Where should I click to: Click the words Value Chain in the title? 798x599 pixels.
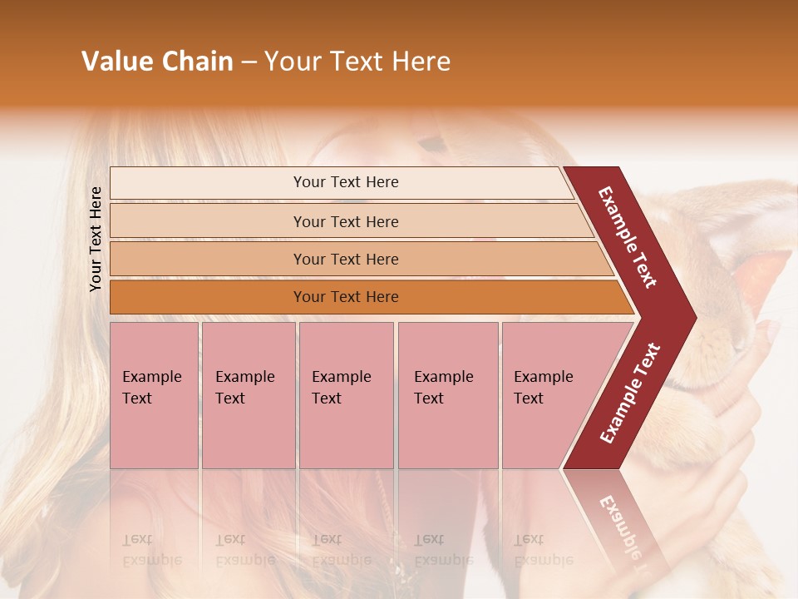157,62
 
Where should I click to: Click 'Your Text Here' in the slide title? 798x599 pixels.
357,62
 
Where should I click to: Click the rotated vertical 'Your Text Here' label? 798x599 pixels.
96,239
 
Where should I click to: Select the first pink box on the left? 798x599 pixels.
154,394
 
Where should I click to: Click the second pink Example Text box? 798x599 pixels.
248,394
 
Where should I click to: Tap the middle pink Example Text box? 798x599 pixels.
346,394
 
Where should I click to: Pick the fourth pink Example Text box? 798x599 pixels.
447,394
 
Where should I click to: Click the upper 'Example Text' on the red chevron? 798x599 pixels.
628,237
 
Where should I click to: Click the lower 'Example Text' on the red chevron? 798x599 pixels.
630,393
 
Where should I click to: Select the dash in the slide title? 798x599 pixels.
249,62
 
